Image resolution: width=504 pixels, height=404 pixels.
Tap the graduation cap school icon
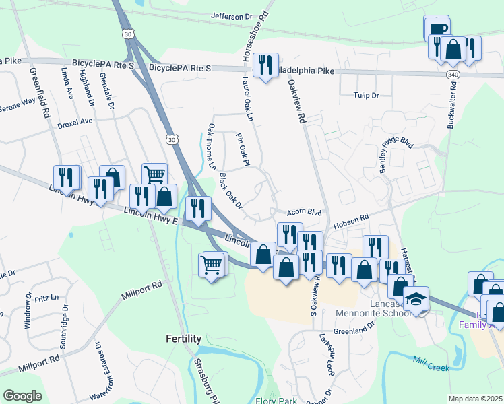click(416, 300)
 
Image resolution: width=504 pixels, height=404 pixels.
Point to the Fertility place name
click(184, 339)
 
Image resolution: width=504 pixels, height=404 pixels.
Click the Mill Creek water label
click(431, 364)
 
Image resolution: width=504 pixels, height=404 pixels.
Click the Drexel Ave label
click(75, 123)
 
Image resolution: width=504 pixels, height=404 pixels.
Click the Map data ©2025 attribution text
click(475, 399)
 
